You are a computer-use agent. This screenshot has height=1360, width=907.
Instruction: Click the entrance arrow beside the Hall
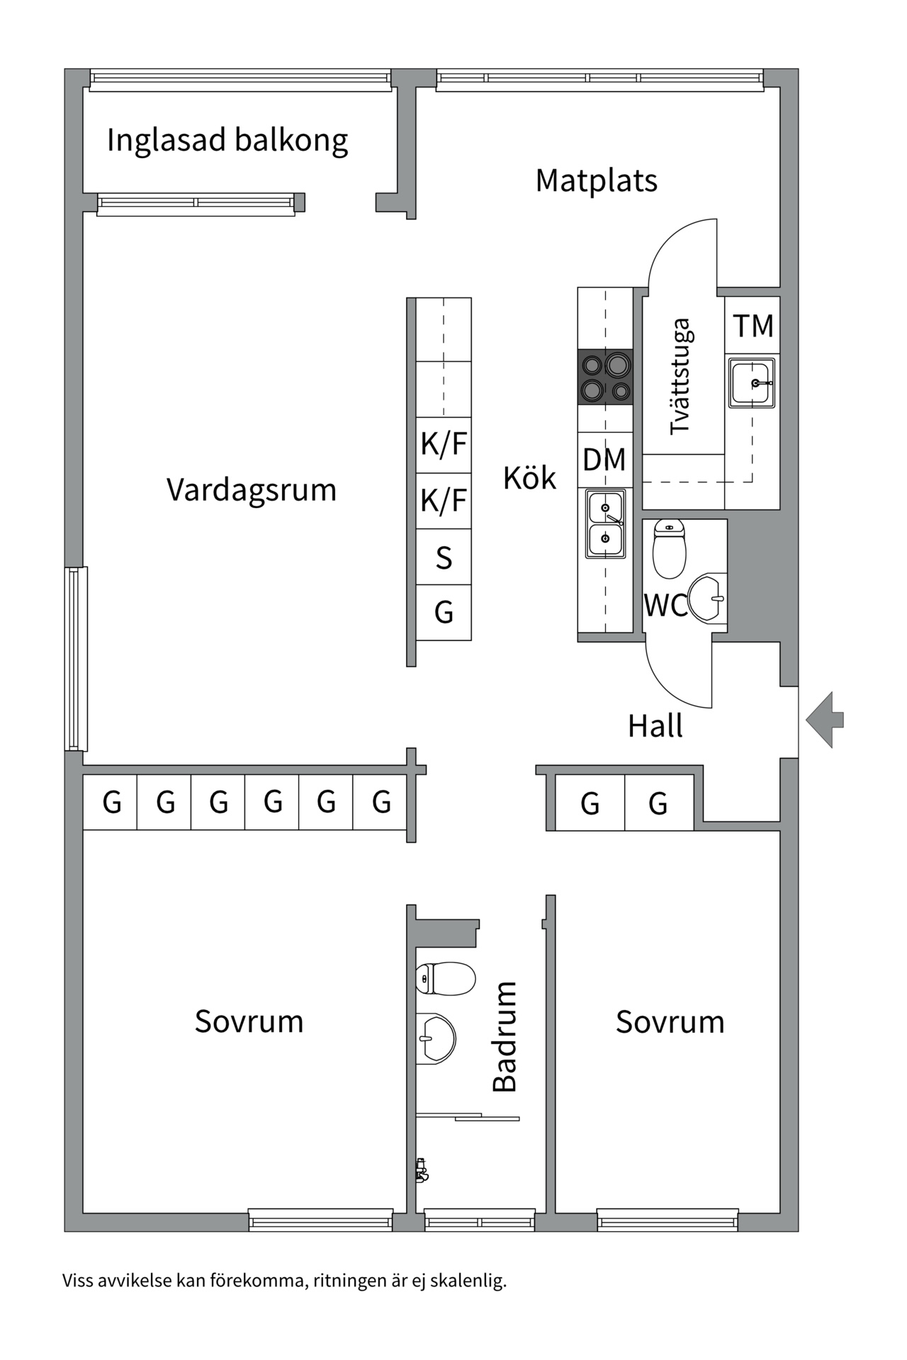click(824, 720)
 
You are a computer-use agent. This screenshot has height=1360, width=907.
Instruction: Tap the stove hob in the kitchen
click(605, 377)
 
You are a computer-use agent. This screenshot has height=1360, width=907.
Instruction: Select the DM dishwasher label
click(604, 460)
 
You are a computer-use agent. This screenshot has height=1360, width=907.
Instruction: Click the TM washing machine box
click(753, 326)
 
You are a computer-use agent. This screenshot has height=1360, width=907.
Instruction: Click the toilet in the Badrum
click(446, 978)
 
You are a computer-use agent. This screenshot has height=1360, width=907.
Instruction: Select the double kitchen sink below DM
click(605, 523)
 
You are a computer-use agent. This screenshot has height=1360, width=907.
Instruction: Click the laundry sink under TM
click(752, 382)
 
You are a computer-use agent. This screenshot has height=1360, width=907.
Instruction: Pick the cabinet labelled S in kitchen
click(444, 557)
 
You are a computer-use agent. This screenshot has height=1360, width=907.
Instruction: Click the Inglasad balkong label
click(227, 140)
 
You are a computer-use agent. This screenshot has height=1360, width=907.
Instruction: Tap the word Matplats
click(596, 181)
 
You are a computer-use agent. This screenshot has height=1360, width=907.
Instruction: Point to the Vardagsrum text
click(251, 489)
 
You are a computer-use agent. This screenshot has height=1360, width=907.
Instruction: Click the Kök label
click(529, 478)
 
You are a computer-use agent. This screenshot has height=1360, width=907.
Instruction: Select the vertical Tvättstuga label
click(680, 376)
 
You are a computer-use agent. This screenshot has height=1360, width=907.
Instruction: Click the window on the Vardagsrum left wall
click(76, 658)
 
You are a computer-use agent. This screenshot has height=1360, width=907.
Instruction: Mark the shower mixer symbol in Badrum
click(422, 1170)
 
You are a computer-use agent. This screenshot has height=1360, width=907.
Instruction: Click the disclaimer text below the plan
click(284, 1281)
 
